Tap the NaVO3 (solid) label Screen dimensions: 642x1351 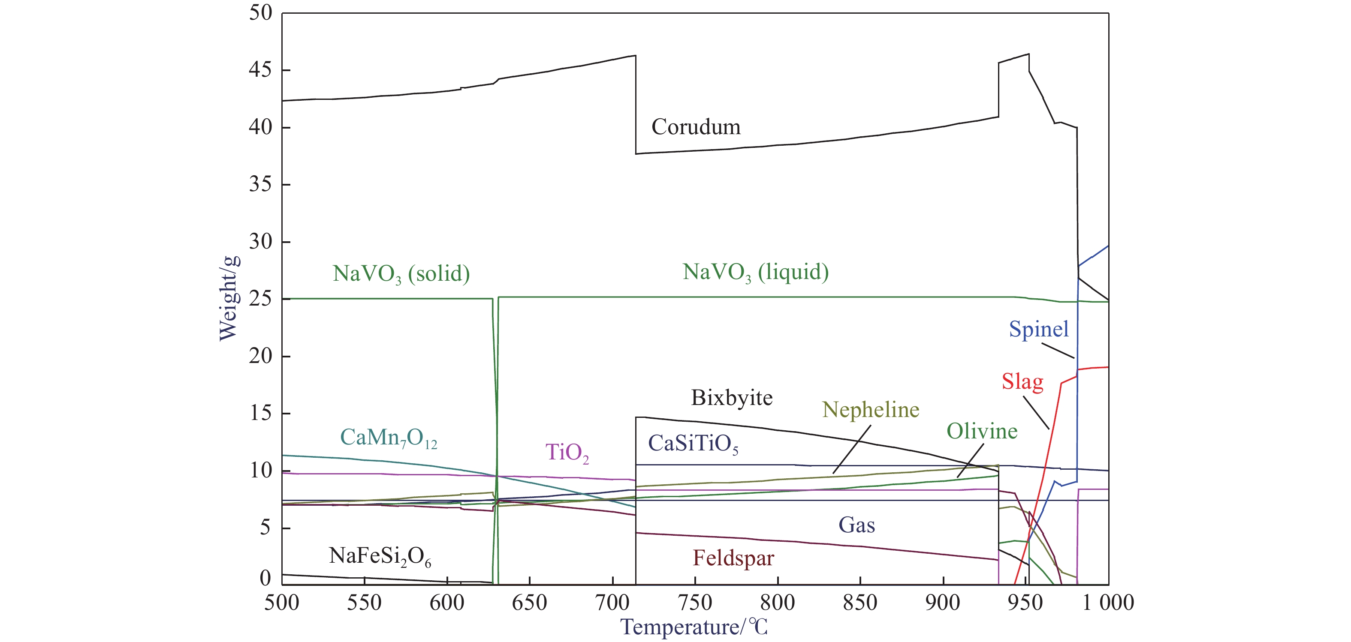(401, 273)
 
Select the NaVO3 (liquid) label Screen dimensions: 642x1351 (755, 272)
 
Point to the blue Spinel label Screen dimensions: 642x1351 (1038, 329)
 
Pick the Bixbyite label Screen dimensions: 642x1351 (732, 398)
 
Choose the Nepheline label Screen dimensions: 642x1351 (871, 410)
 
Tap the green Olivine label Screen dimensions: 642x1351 (982, 431)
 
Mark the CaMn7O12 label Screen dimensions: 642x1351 (389, 438)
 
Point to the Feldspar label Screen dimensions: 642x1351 (733, 558)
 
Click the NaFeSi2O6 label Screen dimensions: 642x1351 (380, 556)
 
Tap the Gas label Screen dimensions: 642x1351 (856, 525)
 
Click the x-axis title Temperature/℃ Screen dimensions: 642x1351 (694, 627)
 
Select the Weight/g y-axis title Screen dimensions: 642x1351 (229, 298)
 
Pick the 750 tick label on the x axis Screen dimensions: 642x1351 (694, 603)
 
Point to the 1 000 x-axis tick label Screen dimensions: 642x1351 (1108, 603)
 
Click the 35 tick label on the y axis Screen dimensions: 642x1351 (260, 184)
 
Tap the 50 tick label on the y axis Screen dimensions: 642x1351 (260, 13)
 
